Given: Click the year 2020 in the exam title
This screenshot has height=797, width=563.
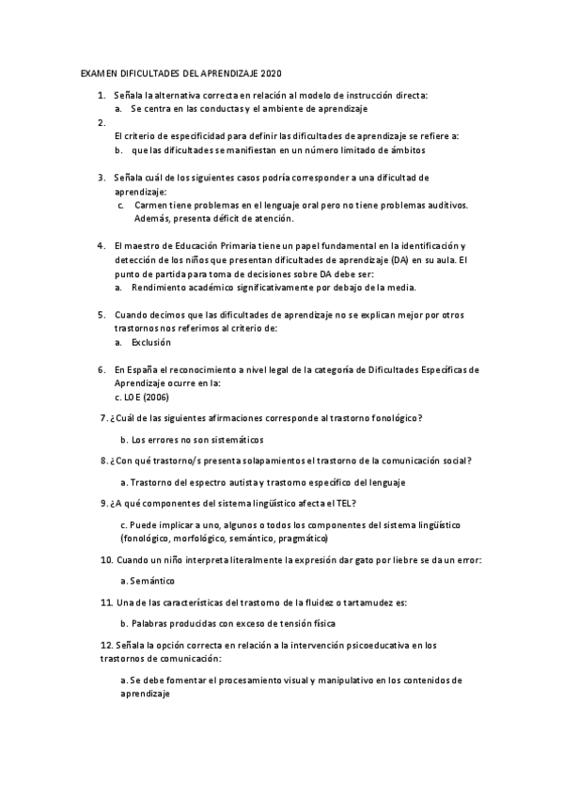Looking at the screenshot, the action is point(270,73).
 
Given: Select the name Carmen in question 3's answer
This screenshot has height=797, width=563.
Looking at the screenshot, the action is point(151,205).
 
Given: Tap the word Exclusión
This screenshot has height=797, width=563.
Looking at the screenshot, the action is point(151,343).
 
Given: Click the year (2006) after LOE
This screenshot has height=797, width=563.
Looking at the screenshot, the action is point(149,397).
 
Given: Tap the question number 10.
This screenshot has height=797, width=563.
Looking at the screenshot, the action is point(106,560).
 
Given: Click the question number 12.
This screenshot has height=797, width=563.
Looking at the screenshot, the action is point(106,645).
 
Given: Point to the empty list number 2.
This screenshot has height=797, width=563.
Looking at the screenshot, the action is point(102,122).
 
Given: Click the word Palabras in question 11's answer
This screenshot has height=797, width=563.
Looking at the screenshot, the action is point(151,623).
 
